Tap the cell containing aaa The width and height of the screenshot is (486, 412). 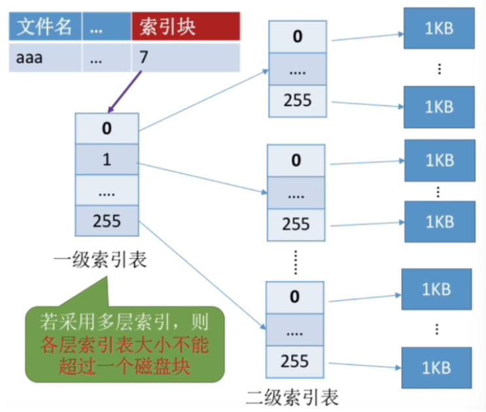pos(44,58)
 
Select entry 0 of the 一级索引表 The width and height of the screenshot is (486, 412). pos(107,128)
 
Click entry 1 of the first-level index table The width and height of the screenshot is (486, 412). pos(107,159)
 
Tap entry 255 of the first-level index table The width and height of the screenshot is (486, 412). pos(107,221)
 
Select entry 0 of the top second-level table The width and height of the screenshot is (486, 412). pos(297,36)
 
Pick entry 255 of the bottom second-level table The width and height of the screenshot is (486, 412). pos(295,361)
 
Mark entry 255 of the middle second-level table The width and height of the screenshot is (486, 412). pos(296,223)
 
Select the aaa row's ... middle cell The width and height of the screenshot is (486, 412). pos(105,58)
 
